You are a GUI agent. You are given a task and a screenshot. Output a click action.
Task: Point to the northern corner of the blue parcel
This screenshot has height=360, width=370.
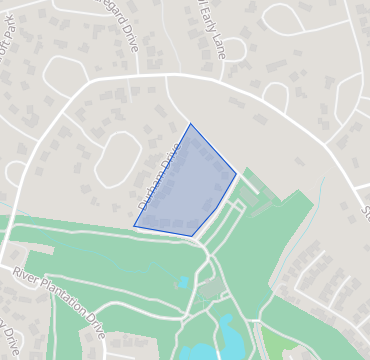[x=190, y=124]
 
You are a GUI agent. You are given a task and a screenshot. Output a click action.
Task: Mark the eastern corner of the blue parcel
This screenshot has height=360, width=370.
[x=236, y=174]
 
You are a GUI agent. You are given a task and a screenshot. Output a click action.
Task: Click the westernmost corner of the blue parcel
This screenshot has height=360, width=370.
[x=134, y=227]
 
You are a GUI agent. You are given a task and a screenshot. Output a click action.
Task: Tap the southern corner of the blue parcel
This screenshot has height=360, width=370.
[x=192, y=236]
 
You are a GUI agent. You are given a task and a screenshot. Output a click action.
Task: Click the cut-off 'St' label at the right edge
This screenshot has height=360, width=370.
[x=364, y=211]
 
